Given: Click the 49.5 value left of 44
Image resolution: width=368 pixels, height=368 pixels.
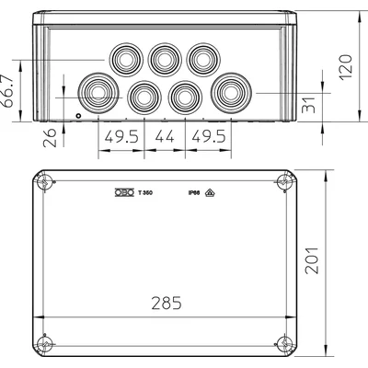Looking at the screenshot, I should point(120,139).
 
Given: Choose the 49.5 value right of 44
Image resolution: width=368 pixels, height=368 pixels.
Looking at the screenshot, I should point(209,139).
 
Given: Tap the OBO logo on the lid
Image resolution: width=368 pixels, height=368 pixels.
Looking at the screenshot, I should point(121,192).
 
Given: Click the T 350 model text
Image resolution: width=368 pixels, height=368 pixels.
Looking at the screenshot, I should point(144,192).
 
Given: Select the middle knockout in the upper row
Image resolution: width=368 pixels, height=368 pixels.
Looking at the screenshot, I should point(163,59).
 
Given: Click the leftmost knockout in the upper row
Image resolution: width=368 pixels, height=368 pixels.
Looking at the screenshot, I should point(122,59).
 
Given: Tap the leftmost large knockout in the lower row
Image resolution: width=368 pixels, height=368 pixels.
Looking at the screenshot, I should point(98,93).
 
